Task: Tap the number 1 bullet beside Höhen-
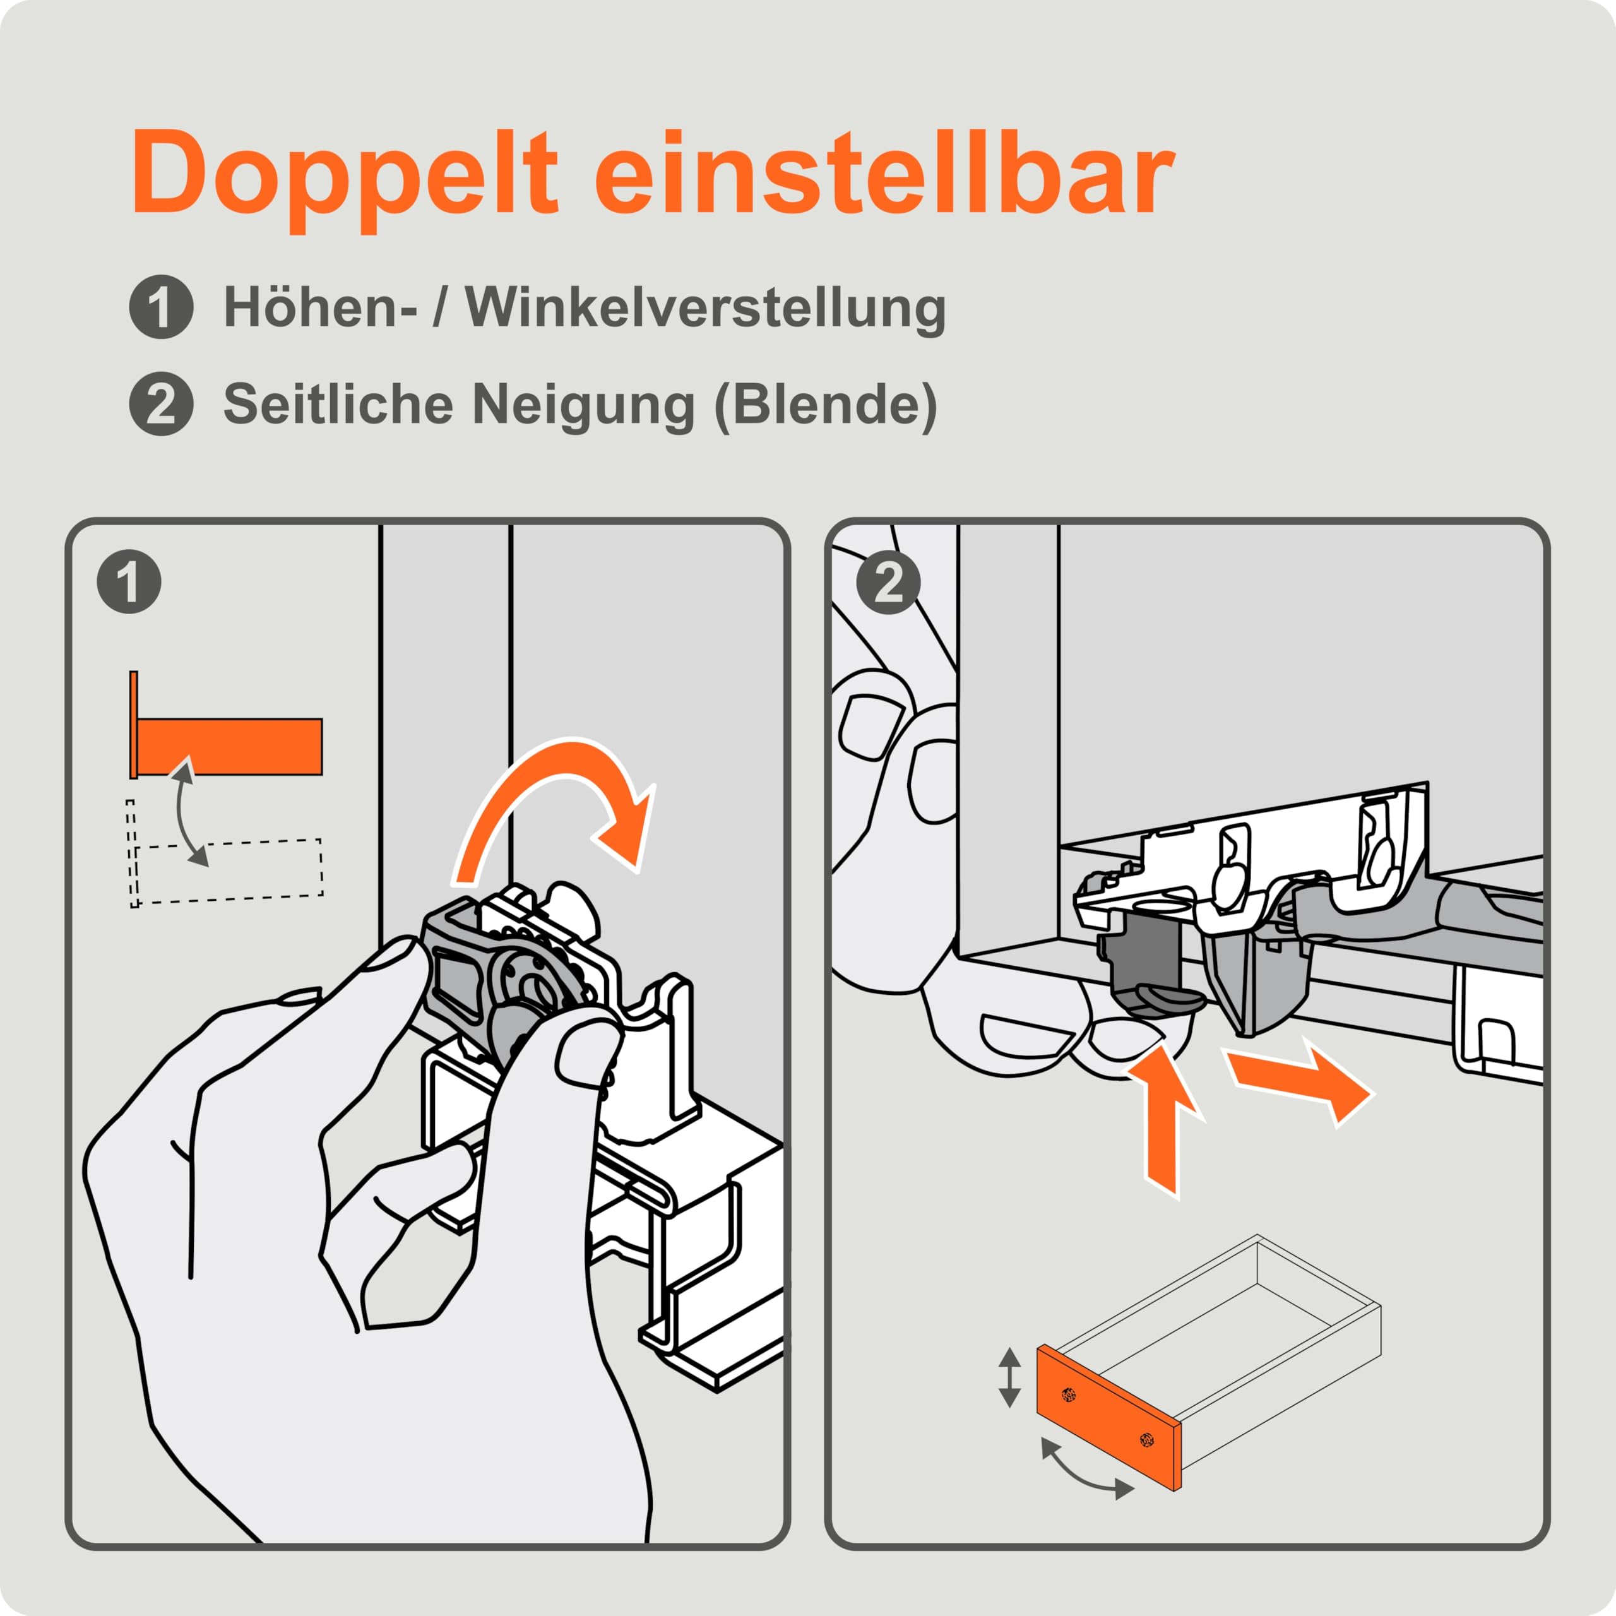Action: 162,307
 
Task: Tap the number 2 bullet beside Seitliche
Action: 162,404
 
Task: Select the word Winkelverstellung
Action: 706,308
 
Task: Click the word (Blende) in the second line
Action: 826,406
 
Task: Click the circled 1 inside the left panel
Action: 129,582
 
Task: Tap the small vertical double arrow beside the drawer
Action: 1009,1377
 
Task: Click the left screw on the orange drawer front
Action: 1067,1394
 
